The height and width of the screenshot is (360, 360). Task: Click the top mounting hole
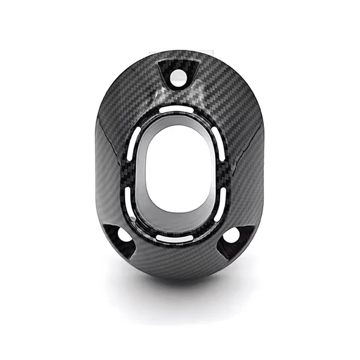[x=179, y=76]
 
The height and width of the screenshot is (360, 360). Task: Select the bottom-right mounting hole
[x=232, y=235]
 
